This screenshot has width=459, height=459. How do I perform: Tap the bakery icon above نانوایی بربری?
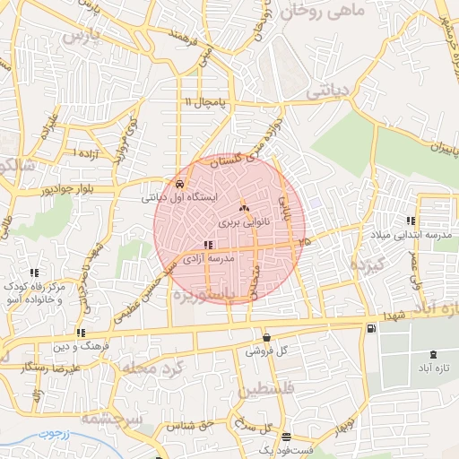click(x=243, y=207)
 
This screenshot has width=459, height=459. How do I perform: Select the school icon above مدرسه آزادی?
click(x=208, y=245)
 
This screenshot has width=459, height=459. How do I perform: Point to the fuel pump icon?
click(x=370, y=329)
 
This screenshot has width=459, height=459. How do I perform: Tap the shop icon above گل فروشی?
click(x=266, y=338)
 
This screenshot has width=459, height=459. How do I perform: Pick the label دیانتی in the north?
click(x=330, y=91)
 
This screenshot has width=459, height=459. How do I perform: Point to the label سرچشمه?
click(x=112, y=418)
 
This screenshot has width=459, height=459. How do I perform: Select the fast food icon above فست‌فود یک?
click(x=285, y=437)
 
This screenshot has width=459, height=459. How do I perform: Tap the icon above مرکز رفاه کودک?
click(x=35, y=272)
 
